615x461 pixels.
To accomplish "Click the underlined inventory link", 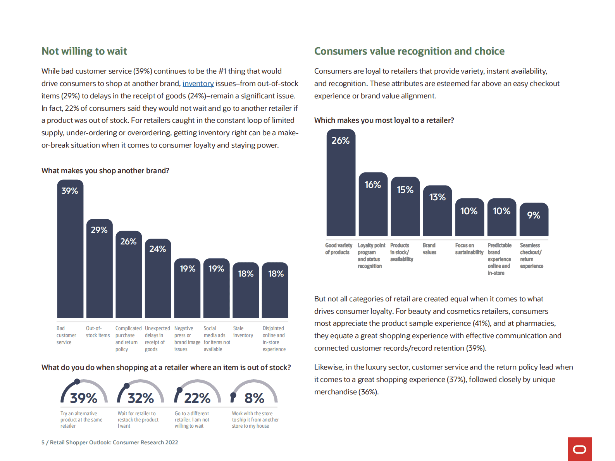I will tap(198, 84).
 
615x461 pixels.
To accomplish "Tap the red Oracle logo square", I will tap(579, 449).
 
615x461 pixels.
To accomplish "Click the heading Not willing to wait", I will tap(84, 51).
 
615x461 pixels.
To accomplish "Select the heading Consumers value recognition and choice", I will tap(409, 51).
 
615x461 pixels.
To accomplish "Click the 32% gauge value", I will tap(141, 398).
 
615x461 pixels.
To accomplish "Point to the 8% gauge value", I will tap(254, 398).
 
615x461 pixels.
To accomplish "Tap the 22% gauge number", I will tap(197, 398).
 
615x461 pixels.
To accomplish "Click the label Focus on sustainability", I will tap(469, 249).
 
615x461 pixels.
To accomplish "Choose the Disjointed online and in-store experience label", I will tap(274, 339).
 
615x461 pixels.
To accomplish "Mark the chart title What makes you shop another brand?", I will tap(105, 171).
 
